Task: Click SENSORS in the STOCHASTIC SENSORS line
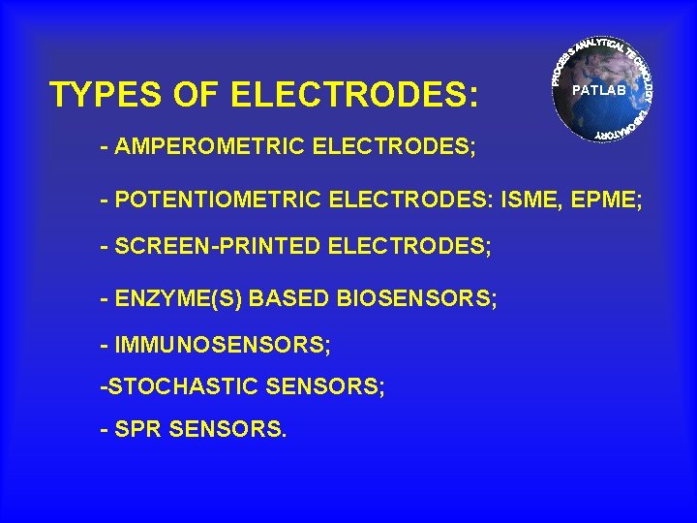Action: pyautogui.click(x=324, y=386)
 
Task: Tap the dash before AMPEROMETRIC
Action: pyautogui.click(x=105, y=149)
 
